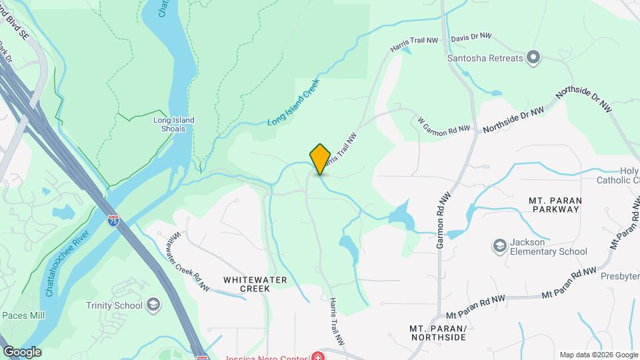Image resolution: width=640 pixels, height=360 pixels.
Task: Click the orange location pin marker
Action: pos(321,159)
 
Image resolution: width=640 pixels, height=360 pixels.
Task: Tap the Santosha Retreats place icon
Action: pos(533,57)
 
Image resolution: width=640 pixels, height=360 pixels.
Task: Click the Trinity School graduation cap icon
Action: pos(153,305)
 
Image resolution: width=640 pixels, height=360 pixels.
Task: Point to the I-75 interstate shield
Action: pos(114,219)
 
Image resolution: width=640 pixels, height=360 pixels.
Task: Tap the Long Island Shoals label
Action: pos(173,125)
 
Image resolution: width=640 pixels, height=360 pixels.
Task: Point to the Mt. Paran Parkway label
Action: pos(555,204)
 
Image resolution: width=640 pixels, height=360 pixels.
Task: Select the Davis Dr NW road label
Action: pos(471,37)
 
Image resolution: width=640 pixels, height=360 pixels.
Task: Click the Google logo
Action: pos(22,352)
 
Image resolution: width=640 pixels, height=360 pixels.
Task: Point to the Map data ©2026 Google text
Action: pos(598,355)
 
